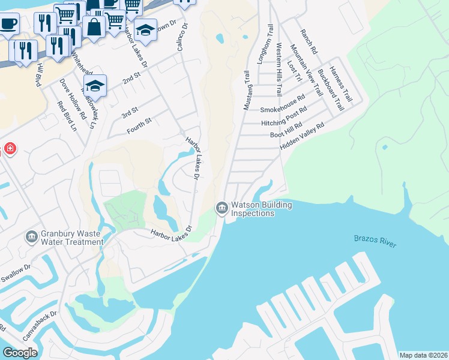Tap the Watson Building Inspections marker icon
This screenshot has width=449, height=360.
(221, 208)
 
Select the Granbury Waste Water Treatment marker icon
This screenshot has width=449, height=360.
(31, 237)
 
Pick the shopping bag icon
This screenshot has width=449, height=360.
(94, 26)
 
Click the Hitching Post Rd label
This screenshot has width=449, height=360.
(284, 117)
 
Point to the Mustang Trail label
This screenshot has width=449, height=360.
(246, 90)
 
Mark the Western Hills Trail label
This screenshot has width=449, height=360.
(279, 69)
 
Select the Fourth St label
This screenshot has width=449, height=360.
(139, 126)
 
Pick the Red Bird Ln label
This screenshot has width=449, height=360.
(67, 116)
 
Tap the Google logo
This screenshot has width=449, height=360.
(20, 352)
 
